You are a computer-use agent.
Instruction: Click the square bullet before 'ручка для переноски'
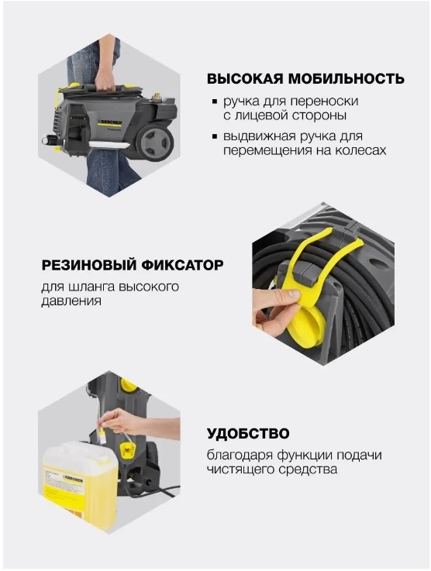[215, 102]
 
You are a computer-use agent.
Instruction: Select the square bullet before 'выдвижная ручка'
[215, 137]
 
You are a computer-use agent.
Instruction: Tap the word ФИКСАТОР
[181, 266]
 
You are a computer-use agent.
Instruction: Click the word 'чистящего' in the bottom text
[240, 470]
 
